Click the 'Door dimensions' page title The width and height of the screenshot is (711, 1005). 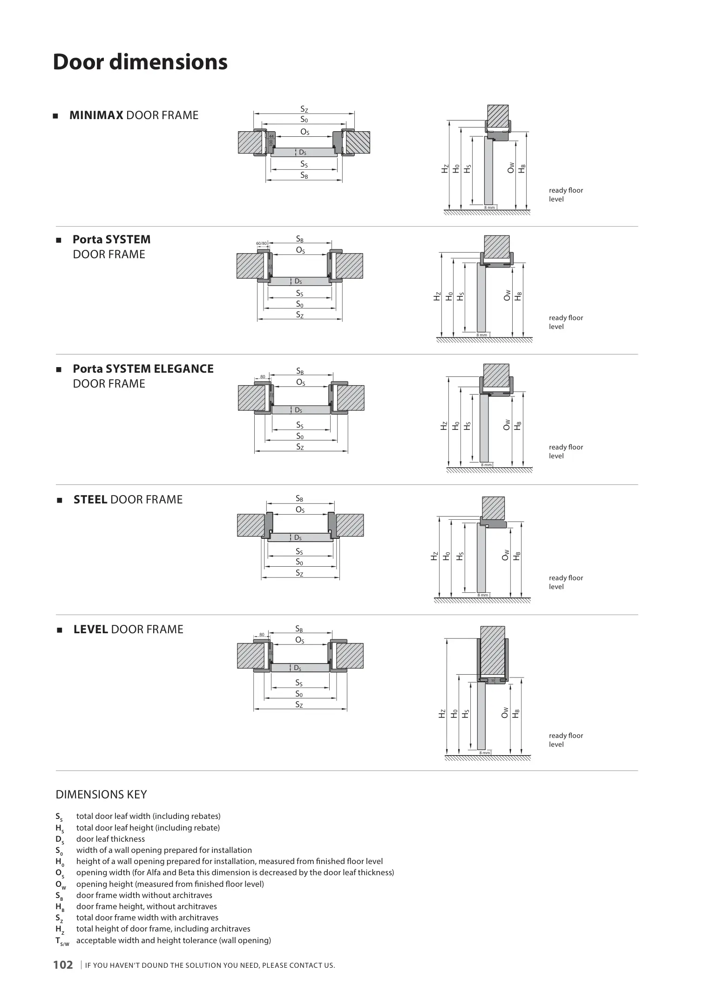140,62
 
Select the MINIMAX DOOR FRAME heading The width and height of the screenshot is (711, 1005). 134,115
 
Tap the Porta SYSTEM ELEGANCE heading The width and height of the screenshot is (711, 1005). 143,376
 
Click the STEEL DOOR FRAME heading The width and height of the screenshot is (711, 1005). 128,500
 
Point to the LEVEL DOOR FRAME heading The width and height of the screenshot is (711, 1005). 129,630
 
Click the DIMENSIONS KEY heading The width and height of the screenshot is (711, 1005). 102,794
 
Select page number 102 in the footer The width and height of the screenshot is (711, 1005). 63,965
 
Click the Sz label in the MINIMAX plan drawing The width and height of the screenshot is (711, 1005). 304,109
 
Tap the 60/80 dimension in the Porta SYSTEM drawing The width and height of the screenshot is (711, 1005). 262,243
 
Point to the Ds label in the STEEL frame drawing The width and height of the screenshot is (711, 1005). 298,538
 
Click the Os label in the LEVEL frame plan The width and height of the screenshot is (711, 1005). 300,640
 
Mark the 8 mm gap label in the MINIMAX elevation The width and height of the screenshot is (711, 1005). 489,207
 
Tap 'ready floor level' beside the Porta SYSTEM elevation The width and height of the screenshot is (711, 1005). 566,322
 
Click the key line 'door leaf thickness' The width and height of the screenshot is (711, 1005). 110,839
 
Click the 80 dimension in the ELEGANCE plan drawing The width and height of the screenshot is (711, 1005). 263,376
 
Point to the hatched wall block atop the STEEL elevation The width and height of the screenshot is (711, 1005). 493,508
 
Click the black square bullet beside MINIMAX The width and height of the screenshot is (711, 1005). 55,116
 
